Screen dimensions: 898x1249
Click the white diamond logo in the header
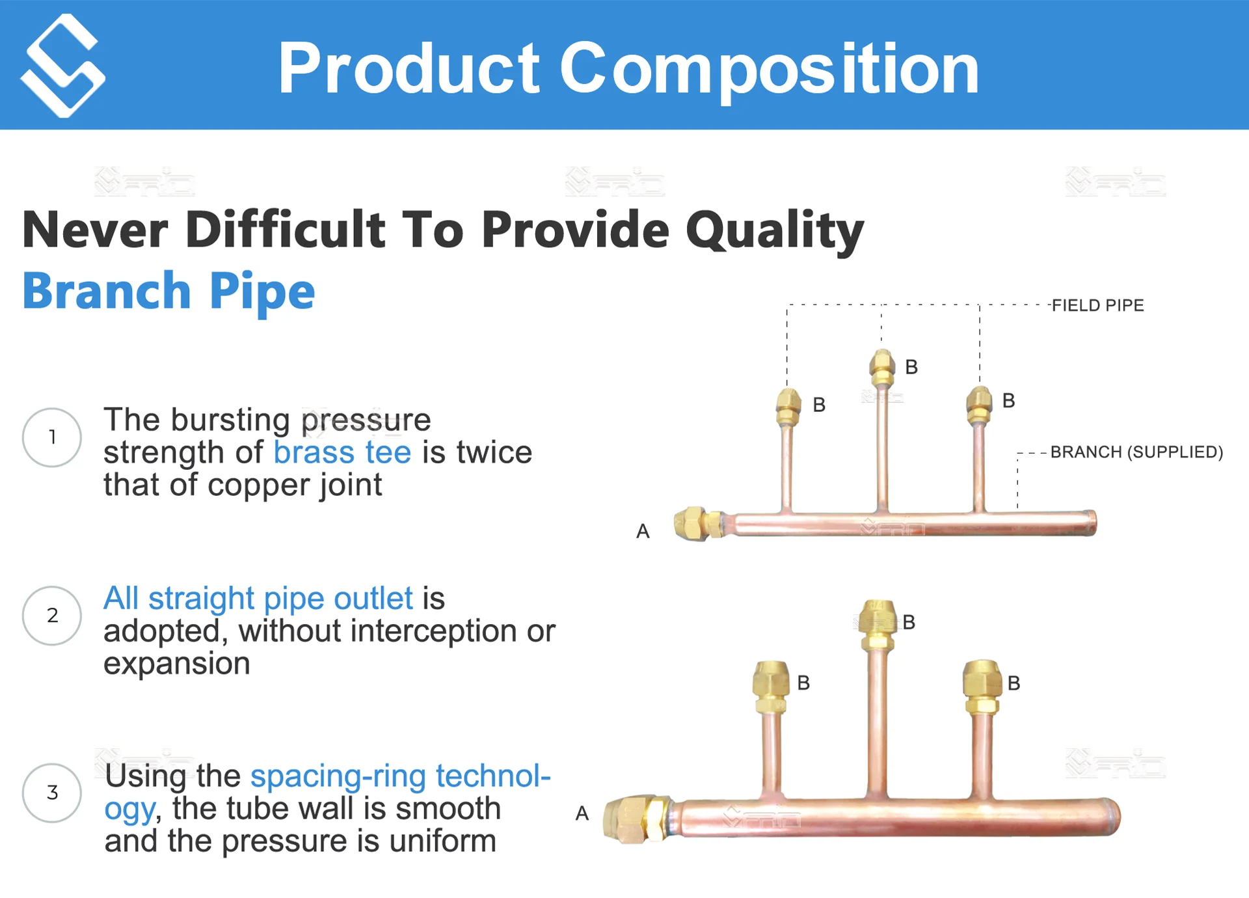tap(62, 65)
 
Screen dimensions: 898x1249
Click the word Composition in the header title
tap(769, 69)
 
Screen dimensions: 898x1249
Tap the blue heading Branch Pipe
tap(168, 291)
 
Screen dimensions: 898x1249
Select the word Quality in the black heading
tap(774, 230)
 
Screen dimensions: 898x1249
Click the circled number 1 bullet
tap(52, 437)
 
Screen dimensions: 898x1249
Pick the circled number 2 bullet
tap(52, 616)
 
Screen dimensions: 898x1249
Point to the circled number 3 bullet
tap(52, 793)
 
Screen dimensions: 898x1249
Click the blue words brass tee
tap(342, 452)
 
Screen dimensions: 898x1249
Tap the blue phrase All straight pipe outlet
tap(258, 599)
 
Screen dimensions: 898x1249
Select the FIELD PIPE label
tap(1097, 305)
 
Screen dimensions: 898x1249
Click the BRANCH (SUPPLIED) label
tap(1136, 452)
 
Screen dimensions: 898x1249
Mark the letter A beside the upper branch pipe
tap(643, 532)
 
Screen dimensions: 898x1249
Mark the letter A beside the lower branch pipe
tap(582, 813)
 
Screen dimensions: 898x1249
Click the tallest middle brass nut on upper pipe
tap(881, 367)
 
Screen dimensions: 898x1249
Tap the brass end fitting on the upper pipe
tap(697, 524)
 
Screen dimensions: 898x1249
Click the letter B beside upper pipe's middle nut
tap(911, 367)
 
